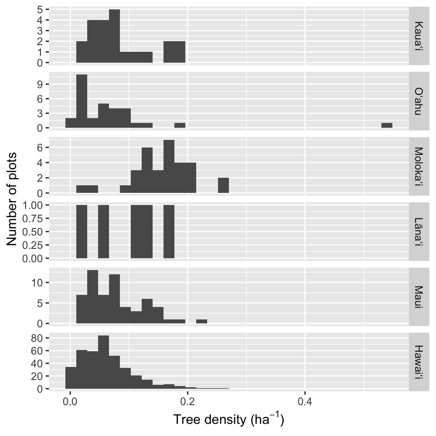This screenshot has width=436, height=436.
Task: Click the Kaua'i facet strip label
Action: tap(419, 36)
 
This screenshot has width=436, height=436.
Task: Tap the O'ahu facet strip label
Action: tap(419, 101)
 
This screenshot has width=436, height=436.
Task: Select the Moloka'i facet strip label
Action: tap(419, 167)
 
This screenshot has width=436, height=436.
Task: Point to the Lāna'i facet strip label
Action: tap(419, 232)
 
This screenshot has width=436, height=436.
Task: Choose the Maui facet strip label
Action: tap(419, 297)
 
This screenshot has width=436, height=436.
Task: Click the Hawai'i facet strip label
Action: tap(419, 362)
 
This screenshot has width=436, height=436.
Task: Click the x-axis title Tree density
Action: tap(229, 420)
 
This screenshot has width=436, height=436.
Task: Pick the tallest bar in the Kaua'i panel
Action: tap(114, 36)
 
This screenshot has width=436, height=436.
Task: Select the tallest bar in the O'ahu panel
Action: tap(82, 101)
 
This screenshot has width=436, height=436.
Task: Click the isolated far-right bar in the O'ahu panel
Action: tap(387, 125)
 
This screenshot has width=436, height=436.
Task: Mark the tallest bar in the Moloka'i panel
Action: tap(169, 167)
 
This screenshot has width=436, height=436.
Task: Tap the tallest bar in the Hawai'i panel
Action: tap(104, 362)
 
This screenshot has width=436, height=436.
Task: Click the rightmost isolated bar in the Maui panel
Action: tap(202, 322)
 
